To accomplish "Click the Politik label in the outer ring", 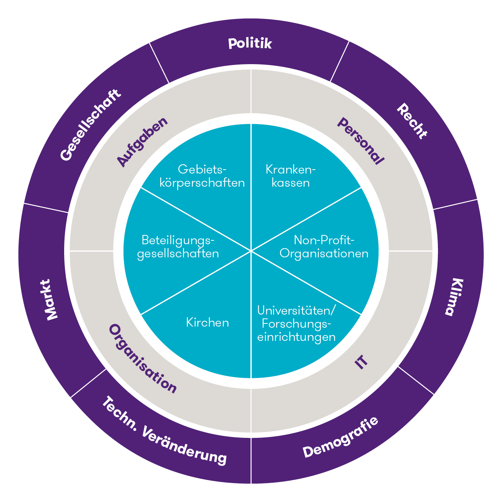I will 250,43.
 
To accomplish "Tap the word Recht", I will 412,121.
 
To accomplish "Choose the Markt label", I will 49,299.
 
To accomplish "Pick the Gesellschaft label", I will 90,125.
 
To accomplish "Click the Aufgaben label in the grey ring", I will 143,142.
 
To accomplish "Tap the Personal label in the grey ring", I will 361,141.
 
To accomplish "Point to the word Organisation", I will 143,359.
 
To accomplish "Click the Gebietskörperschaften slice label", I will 202,176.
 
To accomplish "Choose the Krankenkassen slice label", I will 291,176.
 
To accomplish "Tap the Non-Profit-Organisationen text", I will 324,247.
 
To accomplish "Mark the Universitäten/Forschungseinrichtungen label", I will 296,323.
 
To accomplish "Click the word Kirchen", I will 208,322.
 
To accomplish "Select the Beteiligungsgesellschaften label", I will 178,247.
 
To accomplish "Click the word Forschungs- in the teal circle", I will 297,323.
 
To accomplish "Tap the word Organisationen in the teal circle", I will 324,254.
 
